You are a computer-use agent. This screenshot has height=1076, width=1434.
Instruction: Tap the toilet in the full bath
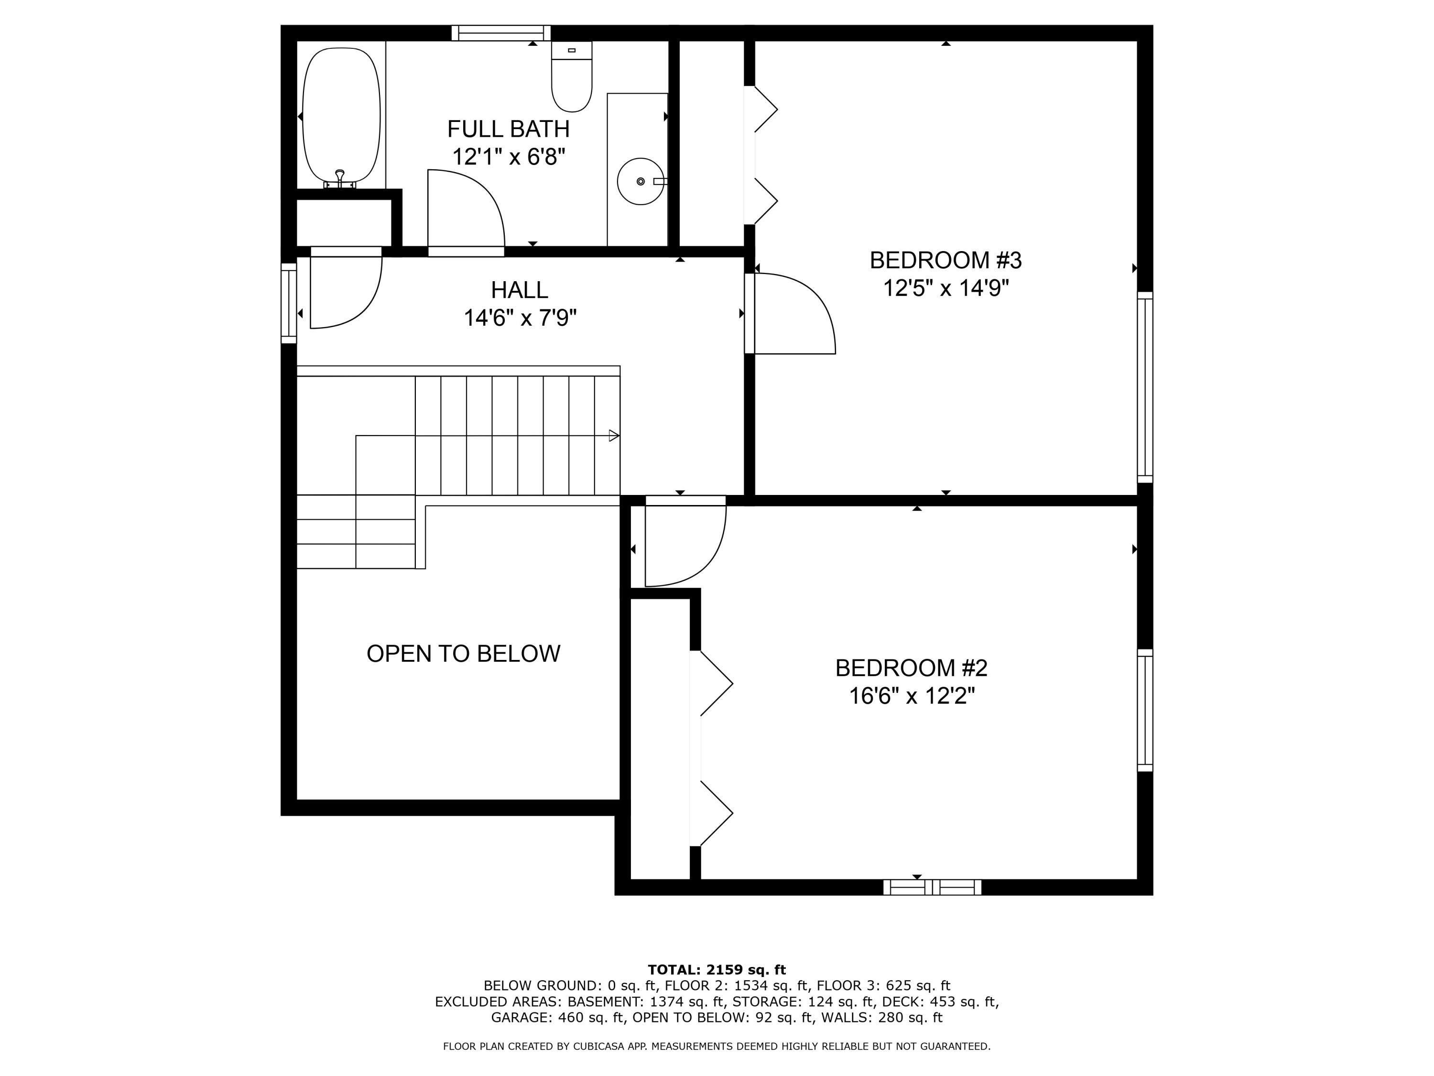tap(571, 78)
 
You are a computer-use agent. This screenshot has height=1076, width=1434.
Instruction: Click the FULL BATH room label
tap(508, 129)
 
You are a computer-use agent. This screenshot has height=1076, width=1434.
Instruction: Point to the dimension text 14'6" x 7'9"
tap(520, 318)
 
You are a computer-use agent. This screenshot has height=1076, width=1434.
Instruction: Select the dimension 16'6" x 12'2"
tap(912, 696)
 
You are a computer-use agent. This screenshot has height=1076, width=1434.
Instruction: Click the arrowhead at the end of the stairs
tap(613, 436)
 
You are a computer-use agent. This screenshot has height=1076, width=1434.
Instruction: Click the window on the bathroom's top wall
tap(501, 33)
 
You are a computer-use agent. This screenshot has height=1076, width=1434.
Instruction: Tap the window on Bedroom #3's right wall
tap(1145, 387)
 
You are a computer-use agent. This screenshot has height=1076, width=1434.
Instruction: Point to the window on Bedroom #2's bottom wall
tap(932, 887)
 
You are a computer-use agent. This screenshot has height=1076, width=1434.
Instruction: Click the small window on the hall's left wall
tap(289, 303)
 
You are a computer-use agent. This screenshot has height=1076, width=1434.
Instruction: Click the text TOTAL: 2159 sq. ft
tap(717, 970)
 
